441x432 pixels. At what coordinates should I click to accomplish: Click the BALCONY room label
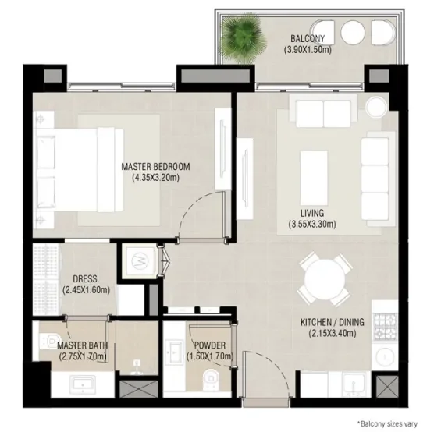pos(313,38)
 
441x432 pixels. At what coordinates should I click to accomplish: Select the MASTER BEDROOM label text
pos(156,166)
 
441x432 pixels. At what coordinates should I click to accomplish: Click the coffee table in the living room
pos(318,169)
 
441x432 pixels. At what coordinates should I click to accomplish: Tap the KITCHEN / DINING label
pos(328,322)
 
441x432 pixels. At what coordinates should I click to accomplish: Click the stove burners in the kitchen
pos(386,325)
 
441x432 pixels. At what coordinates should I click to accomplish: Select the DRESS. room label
pos(84,278)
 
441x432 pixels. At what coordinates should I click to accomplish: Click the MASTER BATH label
pos(83,345)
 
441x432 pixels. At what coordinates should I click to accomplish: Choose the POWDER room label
pos(210,345)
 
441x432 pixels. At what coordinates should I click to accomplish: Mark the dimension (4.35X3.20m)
pos(156,178)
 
